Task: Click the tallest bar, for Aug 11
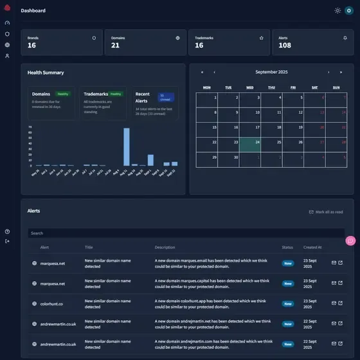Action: (127, 147)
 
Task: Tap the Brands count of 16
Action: (32, 45)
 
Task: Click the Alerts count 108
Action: (285, 45)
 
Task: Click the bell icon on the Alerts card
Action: (345, 38)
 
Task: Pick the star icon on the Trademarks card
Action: (262, 38)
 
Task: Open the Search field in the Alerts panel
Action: (186, 233)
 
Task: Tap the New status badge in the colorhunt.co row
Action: (288, 303)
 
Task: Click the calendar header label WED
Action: (250, 87)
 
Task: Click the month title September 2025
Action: (271, 72)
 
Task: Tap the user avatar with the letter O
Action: (349, 10)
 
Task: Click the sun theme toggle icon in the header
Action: (338, 10)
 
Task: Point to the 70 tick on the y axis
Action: (30, 127)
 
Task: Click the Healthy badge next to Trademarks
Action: (116, 94)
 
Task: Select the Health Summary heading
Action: (46, 73)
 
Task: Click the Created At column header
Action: (312, 247)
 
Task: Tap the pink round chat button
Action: (350, 240)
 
